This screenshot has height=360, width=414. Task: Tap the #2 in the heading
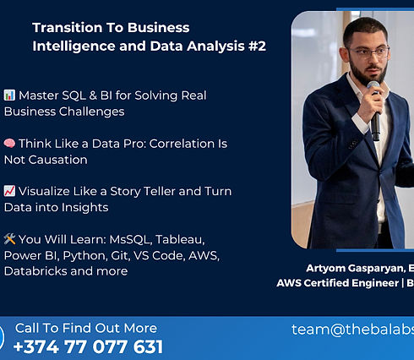click(255, 46)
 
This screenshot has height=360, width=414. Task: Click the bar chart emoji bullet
click(9, 95)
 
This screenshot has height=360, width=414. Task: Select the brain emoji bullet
click(9, 144)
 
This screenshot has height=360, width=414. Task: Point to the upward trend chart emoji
click(9, 192)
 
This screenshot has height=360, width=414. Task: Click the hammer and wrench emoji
click(9, 240)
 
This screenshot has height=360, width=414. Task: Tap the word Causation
click(57, 159)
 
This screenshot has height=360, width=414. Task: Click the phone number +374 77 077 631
click(89, 346)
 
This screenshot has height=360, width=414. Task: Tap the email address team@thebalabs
click(352, 330)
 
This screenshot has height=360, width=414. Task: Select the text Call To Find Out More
click(86, 328)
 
